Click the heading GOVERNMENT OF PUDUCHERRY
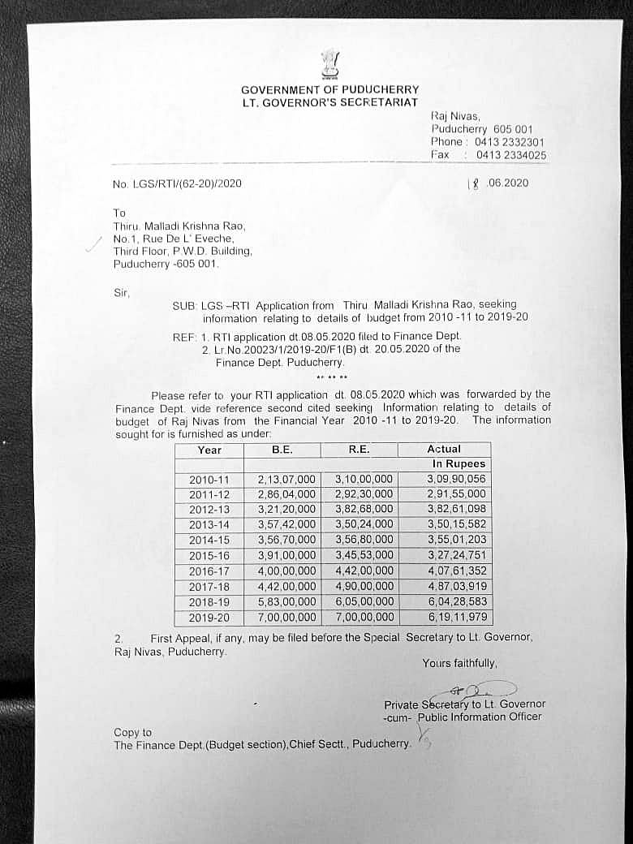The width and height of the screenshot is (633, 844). [329, 90]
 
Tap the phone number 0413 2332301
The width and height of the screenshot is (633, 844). [510, 142]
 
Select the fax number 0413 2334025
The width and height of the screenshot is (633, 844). [510, 155]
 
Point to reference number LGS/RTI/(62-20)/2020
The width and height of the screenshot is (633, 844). [176, 183]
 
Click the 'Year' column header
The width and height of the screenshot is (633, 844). [209, 450]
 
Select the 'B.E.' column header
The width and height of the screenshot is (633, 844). [282, 449]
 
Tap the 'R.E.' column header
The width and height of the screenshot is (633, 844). [359, 449]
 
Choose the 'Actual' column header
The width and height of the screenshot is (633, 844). [444, 449]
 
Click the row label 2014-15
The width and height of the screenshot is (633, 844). [209, 540]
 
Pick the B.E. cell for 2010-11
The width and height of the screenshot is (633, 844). [286, 480]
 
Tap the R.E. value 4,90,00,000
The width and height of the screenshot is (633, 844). [364, 586]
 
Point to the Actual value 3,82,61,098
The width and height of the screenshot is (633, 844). [456, 510]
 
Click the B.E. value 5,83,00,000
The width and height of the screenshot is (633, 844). [286, 601]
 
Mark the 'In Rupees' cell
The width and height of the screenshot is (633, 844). [459, 464]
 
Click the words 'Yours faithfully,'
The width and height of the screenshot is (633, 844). [459, 664]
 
